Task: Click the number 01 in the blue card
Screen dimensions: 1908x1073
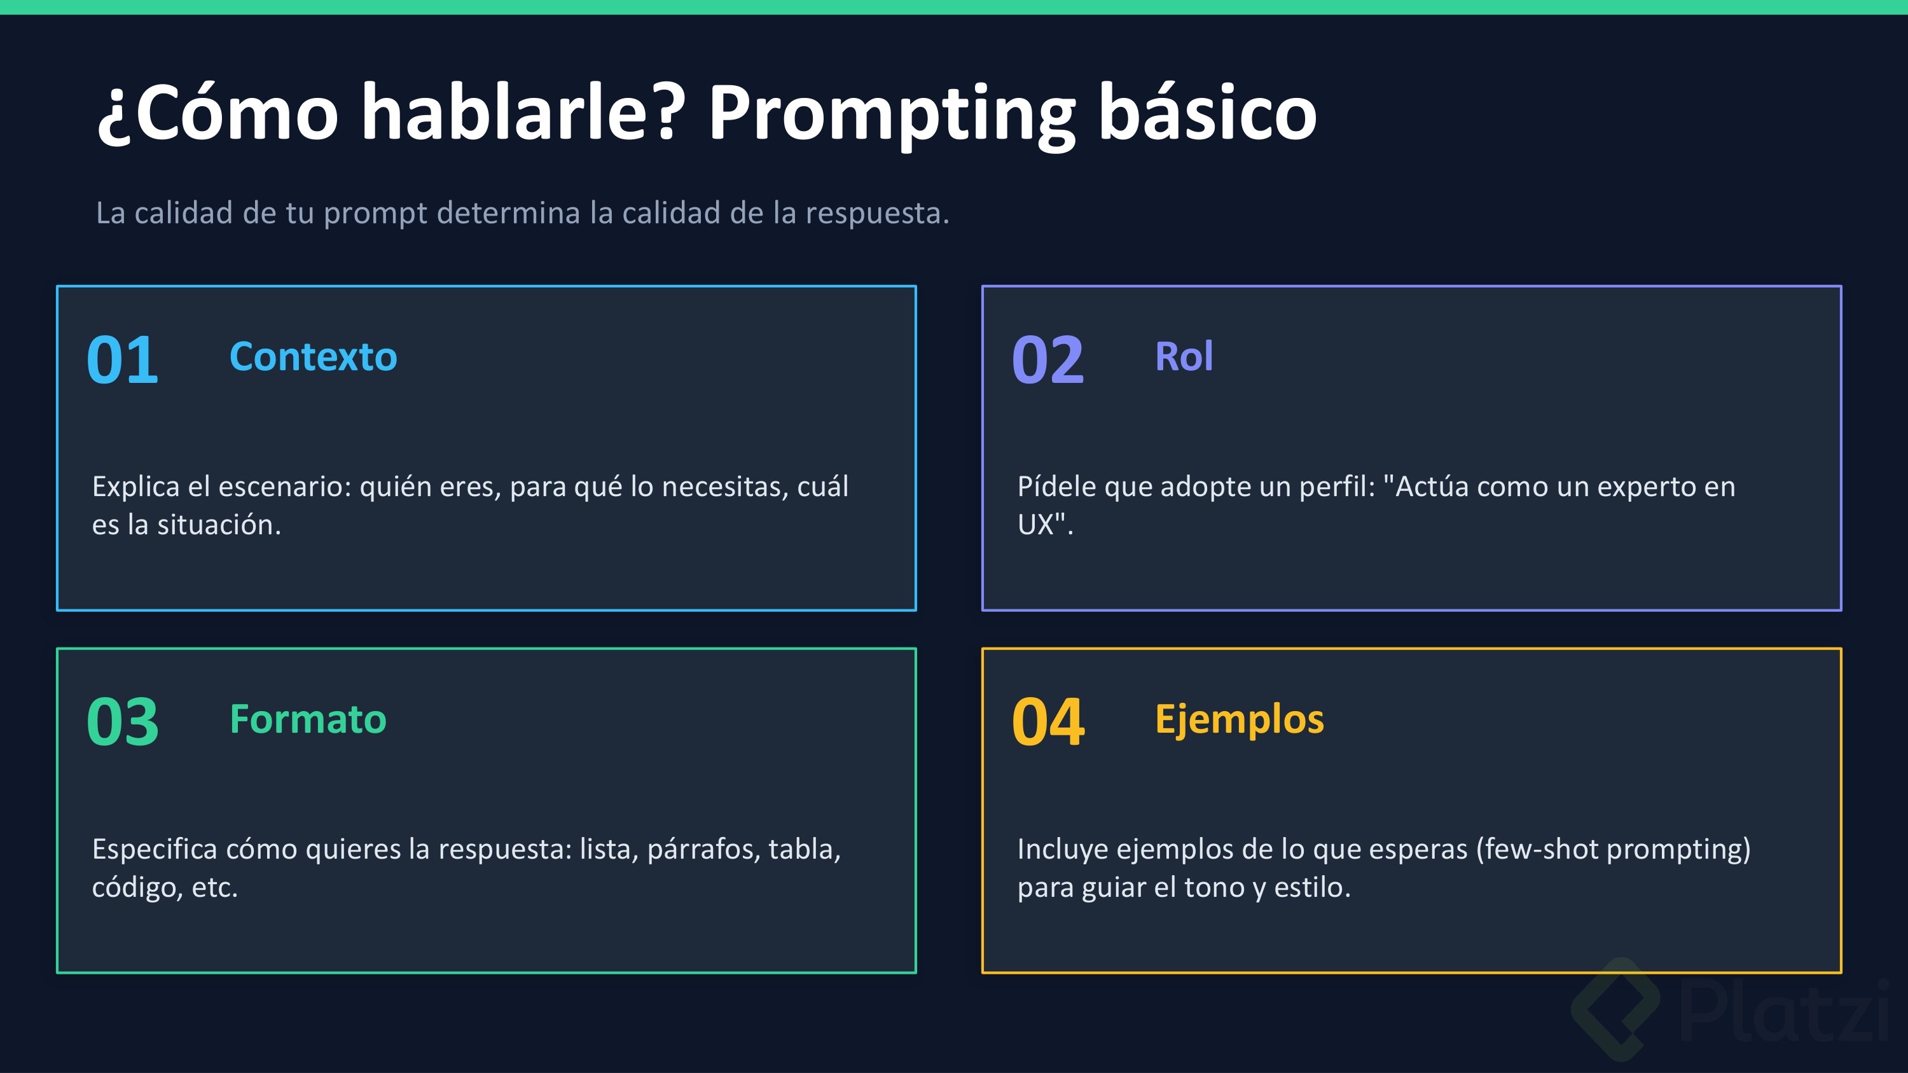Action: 122,360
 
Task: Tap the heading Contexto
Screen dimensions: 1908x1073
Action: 314,357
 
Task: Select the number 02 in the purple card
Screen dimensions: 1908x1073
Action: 1048,360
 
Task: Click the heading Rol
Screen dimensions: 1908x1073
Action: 1184,357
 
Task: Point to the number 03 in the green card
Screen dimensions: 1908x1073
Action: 122,722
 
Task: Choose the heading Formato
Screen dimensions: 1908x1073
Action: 308,719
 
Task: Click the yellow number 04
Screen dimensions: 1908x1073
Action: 1048,722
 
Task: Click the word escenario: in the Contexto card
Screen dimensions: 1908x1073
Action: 284,487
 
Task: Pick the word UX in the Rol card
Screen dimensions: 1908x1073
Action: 1035,525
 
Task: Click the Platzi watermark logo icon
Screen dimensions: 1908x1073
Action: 1615,1009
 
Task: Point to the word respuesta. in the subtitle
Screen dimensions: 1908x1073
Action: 877,214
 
